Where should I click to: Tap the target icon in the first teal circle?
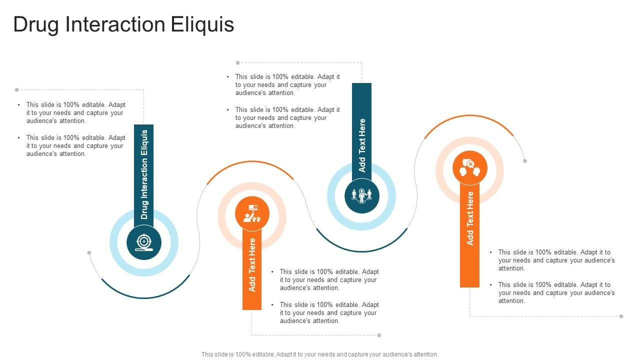(x=144, y=242)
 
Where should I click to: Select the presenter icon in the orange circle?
(x=252, y=214)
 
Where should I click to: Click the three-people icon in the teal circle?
(x=361, y=196)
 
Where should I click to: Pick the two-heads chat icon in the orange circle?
(x=469, y=168)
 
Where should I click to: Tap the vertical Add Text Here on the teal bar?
(x=361, y=145)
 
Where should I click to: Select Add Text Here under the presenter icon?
(x=252, y=265)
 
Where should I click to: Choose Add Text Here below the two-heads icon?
(x=469, y=218)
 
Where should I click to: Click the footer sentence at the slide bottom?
(x=319, y=354)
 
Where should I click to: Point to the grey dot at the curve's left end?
(x=89, y=253)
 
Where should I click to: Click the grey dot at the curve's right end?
(x=524, y=161)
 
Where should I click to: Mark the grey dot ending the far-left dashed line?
(x=16, y=90)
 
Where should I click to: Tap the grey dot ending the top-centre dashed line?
(x=237, y=63)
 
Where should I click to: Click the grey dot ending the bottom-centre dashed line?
(x=379, y=335)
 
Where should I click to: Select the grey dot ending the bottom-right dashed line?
(x=621, y=316)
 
